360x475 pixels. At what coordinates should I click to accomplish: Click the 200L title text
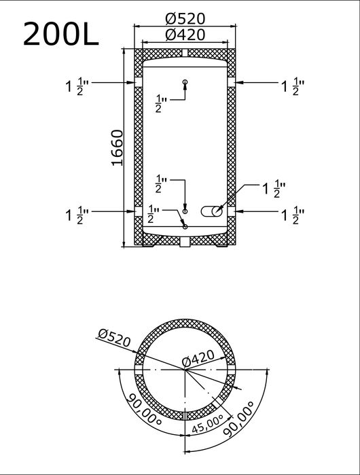coord(60,33)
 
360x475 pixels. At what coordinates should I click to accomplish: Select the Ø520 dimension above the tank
coord(185,19)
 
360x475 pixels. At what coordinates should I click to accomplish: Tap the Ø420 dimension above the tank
coord(185,35)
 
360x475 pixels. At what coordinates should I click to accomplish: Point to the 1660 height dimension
coord(118,148)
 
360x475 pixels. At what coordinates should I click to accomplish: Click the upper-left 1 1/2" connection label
coord(77,86)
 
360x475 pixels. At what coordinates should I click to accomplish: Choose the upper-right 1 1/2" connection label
coord(293,86)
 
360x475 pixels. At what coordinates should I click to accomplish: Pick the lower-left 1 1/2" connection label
coord(77,215)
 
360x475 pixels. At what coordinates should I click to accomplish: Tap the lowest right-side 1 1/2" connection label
coord(293,215)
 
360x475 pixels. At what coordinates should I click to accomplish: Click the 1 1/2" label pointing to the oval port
coord(274,189)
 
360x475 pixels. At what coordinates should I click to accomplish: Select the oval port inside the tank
coord(212,211)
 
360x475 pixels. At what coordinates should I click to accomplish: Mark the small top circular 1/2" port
coord(185,82)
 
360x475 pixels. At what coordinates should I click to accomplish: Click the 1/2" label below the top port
coord(162,103)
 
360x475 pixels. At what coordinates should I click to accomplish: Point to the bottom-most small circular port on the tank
coord(185,226)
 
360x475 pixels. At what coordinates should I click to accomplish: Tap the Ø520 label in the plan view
coord(114,338)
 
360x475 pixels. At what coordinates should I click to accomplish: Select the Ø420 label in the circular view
coord(198,358)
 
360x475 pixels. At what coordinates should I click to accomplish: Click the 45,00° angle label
coord(208,423)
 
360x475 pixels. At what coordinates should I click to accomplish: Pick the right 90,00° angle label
coord(239,419)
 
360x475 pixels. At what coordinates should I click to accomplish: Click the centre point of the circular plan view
coord(185,370)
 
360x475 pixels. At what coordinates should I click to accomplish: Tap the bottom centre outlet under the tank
coord(185,242)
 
